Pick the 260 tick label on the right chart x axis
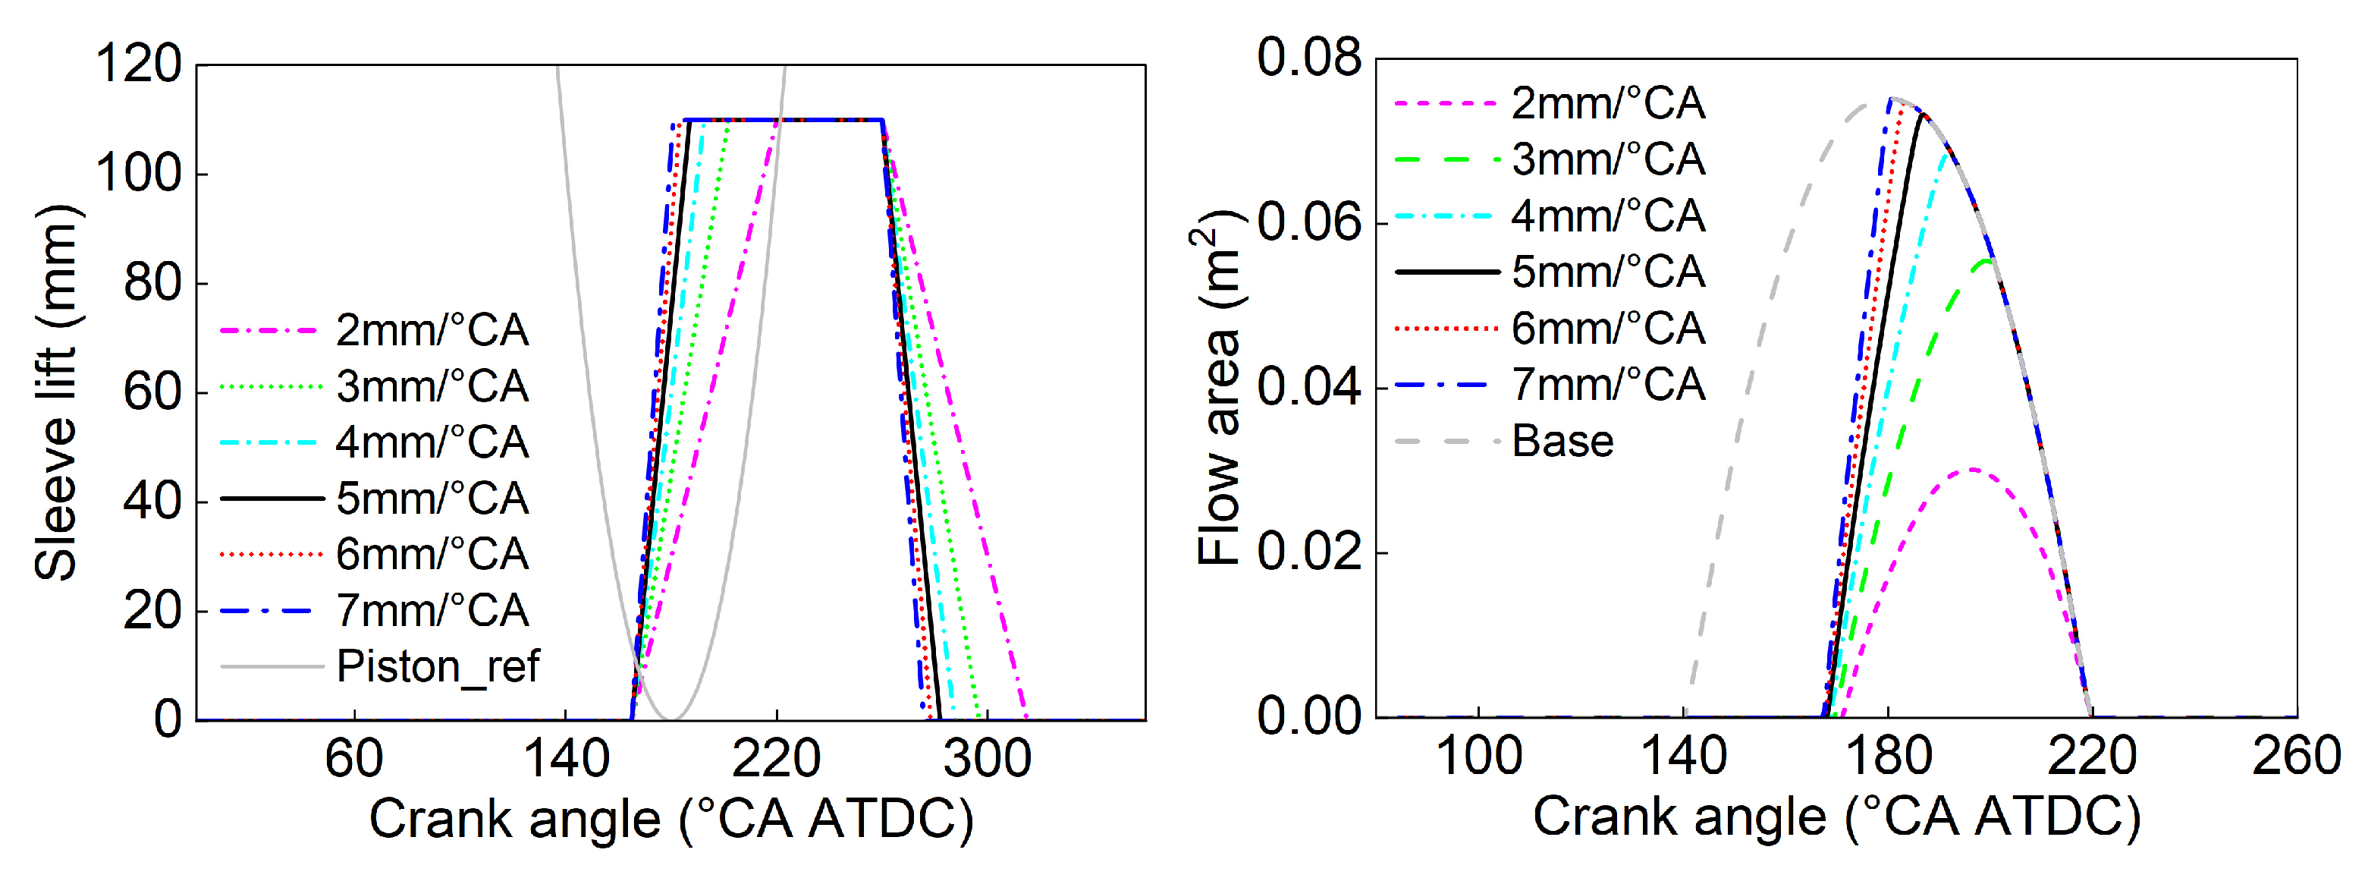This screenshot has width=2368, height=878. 2295,757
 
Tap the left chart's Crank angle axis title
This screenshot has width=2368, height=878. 671,818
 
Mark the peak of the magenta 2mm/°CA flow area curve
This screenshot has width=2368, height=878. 1971,470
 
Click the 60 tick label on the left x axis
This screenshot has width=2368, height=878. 354,760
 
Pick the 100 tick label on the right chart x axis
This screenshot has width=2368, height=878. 1478,757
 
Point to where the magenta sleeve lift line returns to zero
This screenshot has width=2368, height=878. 1026,718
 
